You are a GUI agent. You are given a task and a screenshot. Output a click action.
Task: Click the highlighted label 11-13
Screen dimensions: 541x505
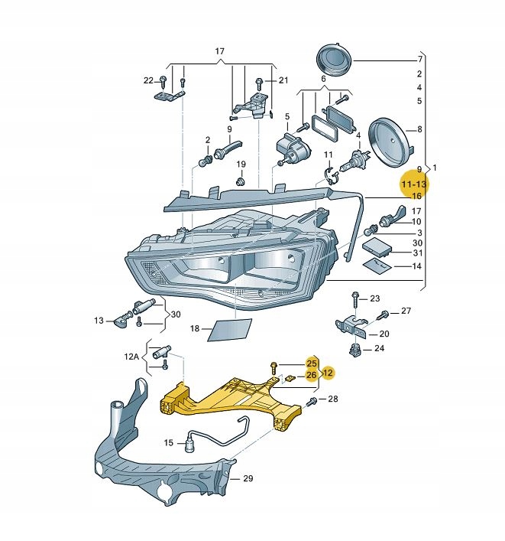tap(415, 184)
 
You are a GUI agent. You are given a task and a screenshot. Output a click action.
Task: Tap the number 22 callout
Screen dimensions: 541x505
tap(148, 80)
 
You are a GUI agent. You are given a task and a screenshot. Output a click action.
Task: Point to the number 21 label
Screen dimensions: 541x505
tap(283, 80)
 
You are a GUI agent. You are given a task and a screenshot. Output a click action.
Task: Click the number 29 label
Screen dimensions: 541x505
tap(248, 479)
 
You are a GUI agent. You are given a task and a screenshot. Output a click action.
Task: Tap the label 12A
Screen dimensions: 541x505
tap(133, 357)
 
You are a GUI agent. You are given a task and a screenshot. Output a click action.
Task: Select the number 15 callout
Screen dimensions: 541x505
tap(169, 442)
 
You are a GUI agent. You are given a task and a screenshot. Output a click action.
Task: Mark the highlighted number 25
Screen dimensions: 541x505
tap(312, 362)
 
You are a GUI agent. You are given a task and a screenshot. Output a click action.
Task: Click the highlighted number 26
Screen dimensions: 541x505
tap(312, 375)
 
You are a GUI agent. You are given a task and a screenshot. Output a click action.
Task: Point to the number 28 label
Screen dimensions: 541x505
tap(332, 399)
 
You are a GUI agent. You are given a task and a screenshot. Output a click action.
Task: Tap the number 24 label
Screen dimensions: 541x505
tap(380, 348)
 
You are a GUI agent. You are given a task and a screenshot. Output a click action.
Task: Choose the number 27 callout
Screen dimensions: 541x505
tap(406, 311)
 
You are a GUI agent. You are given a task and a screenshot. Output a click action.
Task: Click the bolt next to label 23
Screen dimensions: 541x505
tap(355, 296)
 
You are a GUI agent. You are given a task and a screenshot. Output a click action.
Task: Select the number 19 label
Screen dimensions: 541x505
tap(241, 165)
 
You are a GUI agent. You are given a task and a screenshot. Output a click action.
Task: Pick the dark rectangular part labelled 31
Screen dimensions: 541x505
tap(377, 247)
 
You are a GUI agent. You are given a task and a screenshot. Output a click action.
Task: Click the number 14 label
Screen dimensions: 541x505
tap(417, 266)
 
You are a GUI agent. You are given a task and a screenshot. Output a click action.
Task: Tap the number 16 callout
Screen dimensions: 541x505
tap(417, 197)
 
